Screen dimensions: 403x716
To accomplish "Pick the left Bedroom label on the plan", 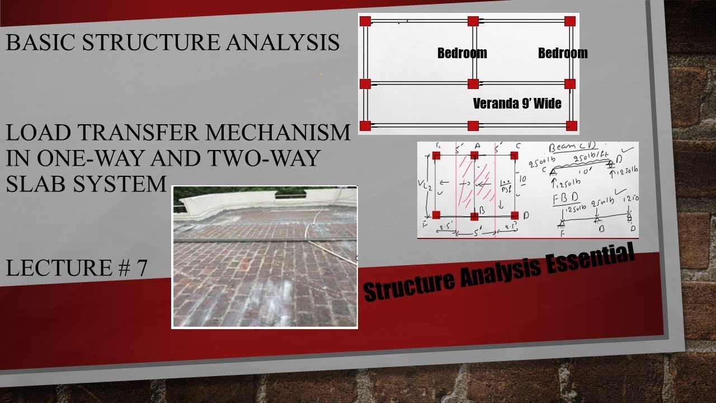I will [462, 53].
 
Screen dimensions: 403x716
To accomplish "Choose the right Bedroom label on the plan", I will [563, 53].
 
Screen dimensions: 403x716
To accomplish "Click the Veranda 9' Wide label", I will [517, 104].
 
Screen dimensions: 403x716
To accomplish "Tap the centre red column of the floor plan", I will [473, 84].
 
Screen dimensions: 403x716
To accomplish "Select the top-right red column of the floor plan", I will [570, 21].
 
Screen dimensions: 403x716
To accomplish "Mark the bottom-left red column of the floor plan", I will [365, 125].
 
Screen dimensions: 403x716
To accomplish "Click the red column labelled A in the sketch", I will [474, 155].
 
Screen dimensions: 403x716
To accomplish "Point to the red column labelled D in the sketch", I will [514, 215].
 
